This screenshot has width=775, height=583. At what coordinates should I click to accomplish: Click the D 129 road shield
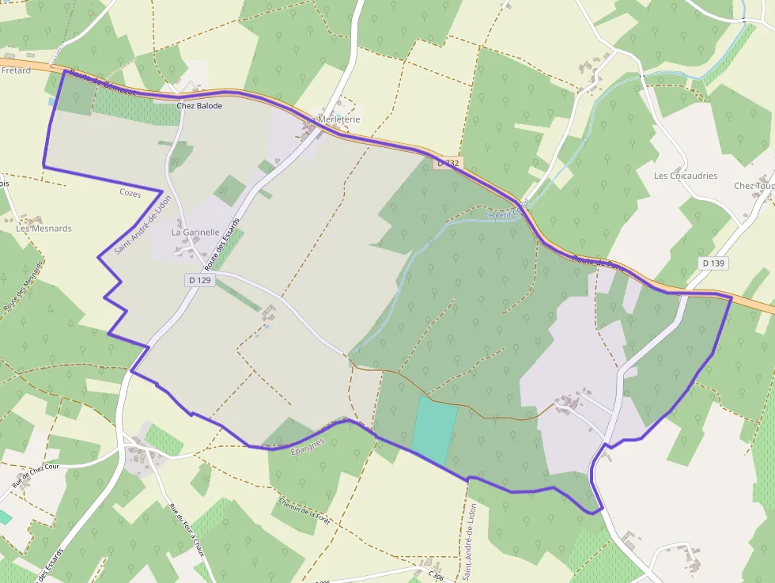point(200,280)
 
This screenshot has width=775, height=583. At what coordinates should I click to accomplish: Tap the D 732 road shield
point(448,163)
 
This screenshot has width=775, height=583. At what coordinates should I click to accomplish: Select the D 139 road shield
point(713,263)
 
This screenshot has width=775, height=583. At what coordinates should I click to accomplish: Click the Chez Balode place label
point(199,105)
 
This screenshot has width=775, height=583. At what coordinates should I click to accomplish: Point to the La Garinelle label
point(195,233)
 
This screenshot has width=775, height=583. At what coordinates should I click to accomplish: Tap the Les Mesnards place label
point(44,229)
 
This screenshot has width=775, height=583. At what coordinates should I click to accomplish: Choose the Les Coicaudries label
point(686,176)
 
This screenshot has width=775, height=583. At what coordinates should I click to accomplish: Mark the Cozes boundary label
point(130,192)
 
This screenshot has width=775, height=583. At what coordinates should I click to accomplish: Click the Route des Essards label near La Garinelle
point(222,244)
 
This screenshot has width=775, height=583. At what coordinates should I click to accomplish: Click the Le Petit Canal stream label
point(505,213)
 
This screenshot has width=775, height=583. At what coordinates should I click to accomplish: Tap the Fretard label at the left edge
point(16,70)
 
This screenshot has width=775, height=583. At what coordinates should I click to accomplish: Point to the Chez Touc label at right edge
point(753,186)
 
